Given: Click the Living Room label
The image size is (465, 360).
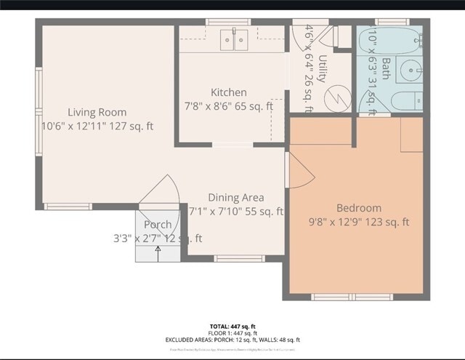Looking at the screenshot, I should pyautogui.click(x=97, y=112).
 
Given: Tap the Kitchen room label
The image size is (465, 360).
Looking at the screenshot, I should pyautogui.click(x=228, y=92).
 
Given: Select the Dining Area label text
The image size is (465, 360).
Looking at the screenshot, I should pyautogui.click(x=235, y=197).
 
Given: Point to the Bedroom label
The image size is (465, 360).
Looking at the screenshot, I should pyautogui.click(x=358, y=208).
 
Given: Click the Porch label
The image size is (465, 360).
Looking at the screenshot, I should pyautogui.click(x=158, y=225).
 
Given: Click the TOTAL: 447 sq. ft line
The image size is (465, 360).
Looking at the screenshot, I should pyautogui.click(x=232, y=327).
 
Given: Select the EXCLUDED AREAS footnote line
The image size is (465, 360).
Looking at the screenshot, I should pyautogui.click(x=232, y=340).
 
